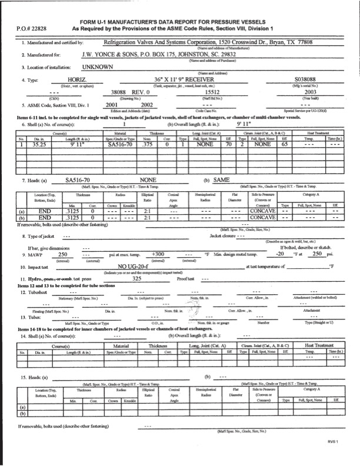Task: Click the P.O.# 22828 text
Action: [29, 28]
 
